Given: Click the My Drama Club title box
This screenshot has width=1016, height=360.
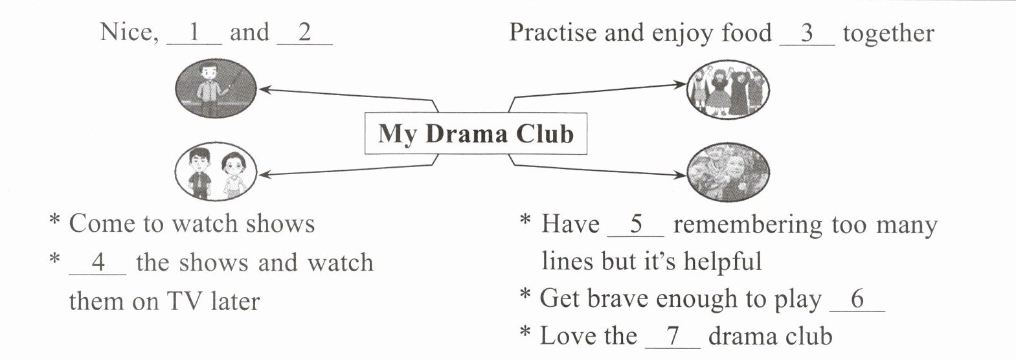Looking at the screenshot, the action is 476,133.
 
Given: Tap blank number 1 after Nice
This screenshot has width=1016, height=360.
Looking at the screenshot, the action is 194,34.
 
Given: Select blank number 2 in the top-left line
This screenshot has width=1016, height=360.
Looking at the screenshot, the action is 304,34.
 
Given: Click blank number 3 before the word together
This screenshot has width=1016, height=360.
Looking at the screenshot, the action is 807,34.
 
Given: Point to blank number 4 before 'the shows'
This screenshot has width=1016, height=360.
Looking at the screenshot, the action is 98,263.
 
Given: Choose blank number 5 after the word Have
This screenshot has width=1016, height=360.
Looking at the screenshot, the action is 635,225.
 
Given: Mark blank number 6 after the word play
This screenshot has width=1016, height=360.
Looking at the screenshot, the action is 857,300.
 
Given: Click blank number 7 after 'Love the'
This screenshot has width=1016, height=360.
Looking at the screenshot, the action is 673,337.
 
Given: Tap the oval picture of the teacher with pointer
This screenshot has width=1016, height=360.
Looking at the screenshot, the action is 216,88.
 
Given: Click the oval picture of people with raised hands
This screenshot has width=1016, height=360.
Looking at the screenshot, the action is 728,89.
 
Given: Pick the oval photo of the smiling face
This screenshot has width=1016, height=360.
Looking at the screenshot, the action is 728,173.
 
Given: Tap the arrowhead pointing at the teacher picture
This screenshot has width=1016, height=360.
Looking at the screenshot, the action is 264,89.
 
